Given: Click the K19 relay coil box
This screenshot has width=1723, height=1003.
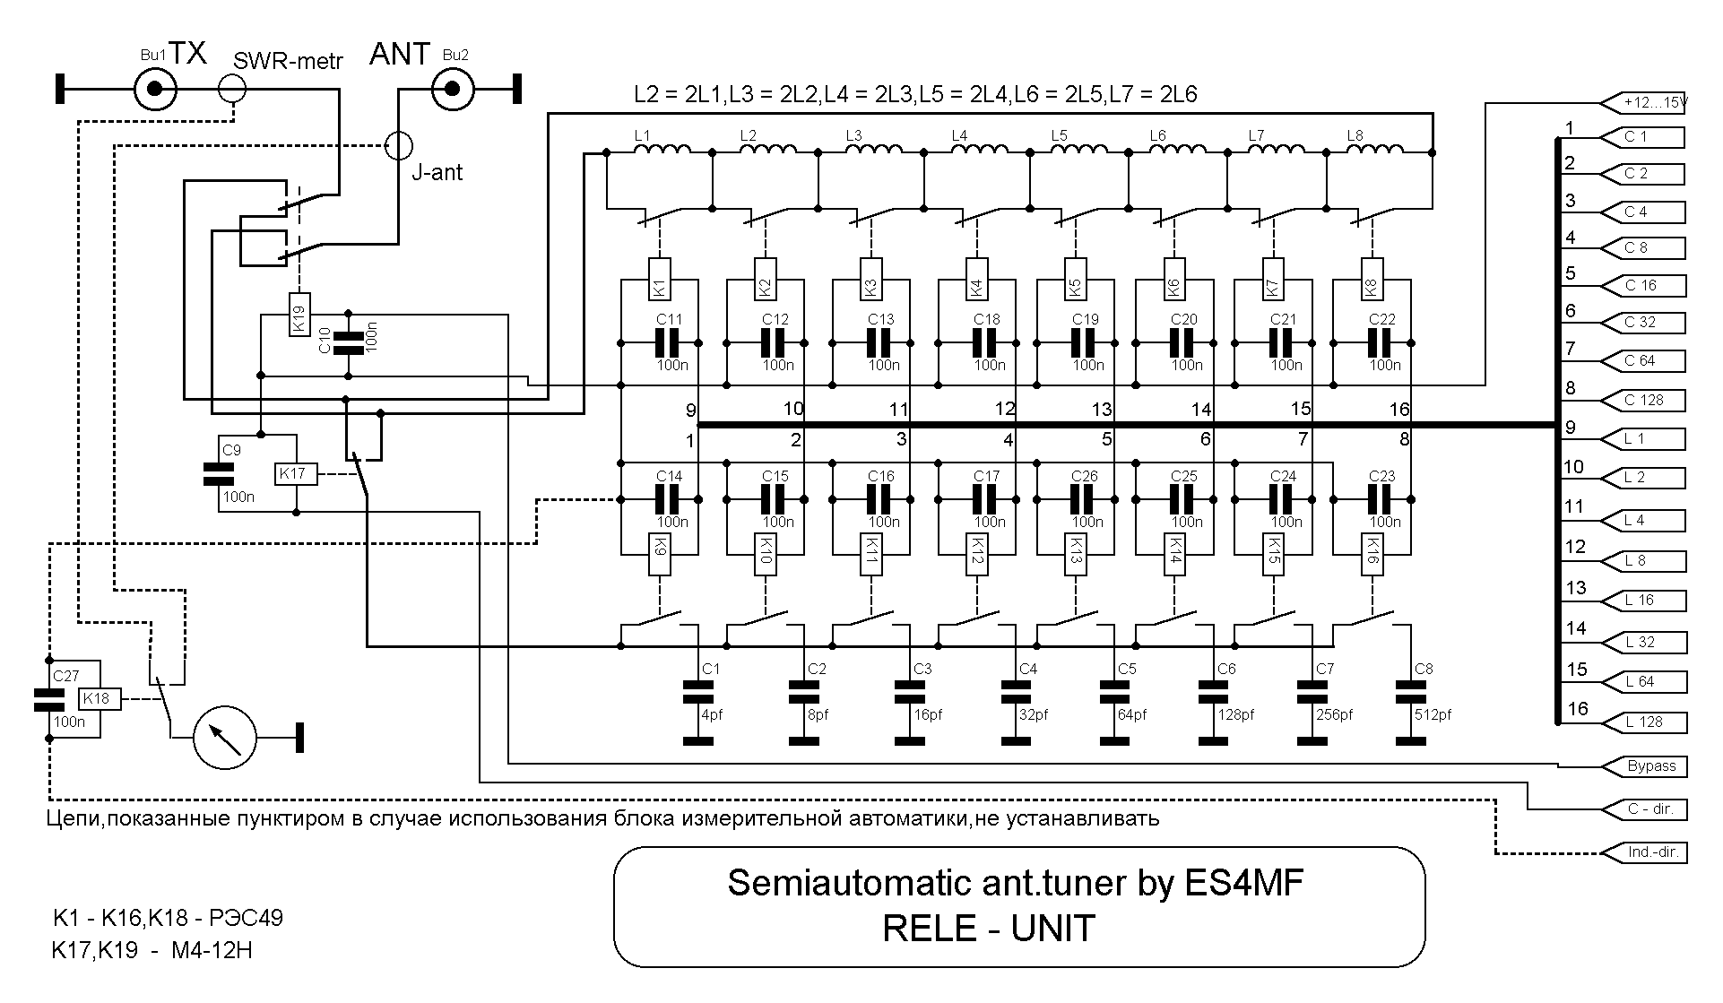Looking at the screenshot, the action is (300, 315).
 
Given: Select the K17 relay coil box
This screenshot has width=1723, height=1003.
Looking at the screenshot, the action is (294, 474).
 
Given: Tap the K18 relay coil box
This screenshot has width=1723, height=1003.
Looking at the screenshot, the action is (100, 699).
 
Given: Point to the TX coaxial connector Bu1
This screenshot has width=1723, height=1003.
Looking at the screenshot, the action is (155, 89).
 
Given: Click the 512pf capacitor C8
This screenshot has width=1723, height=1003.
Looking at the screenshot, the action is (1410, 692).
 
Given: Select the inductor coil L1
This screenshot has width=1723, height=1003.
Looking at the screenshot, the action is (662, 149).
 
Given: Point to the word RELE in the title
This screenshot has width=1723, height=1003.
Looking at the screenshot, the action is (929, 929).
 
